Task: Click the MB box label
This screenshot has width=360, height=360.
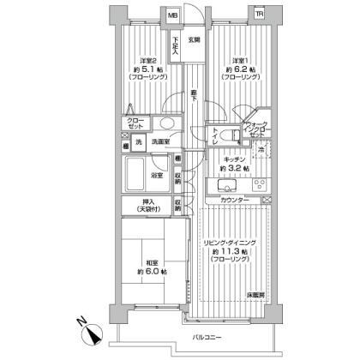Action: (x=173, y=15)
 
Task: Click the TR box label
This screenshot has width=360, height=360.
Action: (x=260, y=15)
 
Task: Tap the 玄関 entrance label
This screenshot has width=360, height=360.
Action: (x=194, y=40)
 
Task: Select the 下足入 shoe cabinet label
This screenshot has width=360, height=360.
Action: (x=175, y=46)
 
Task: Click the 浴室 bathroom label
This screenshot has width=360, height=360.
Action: (x=158, y=175)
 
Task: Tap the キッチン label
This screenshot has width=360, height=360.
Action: (x=237, y=160)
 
